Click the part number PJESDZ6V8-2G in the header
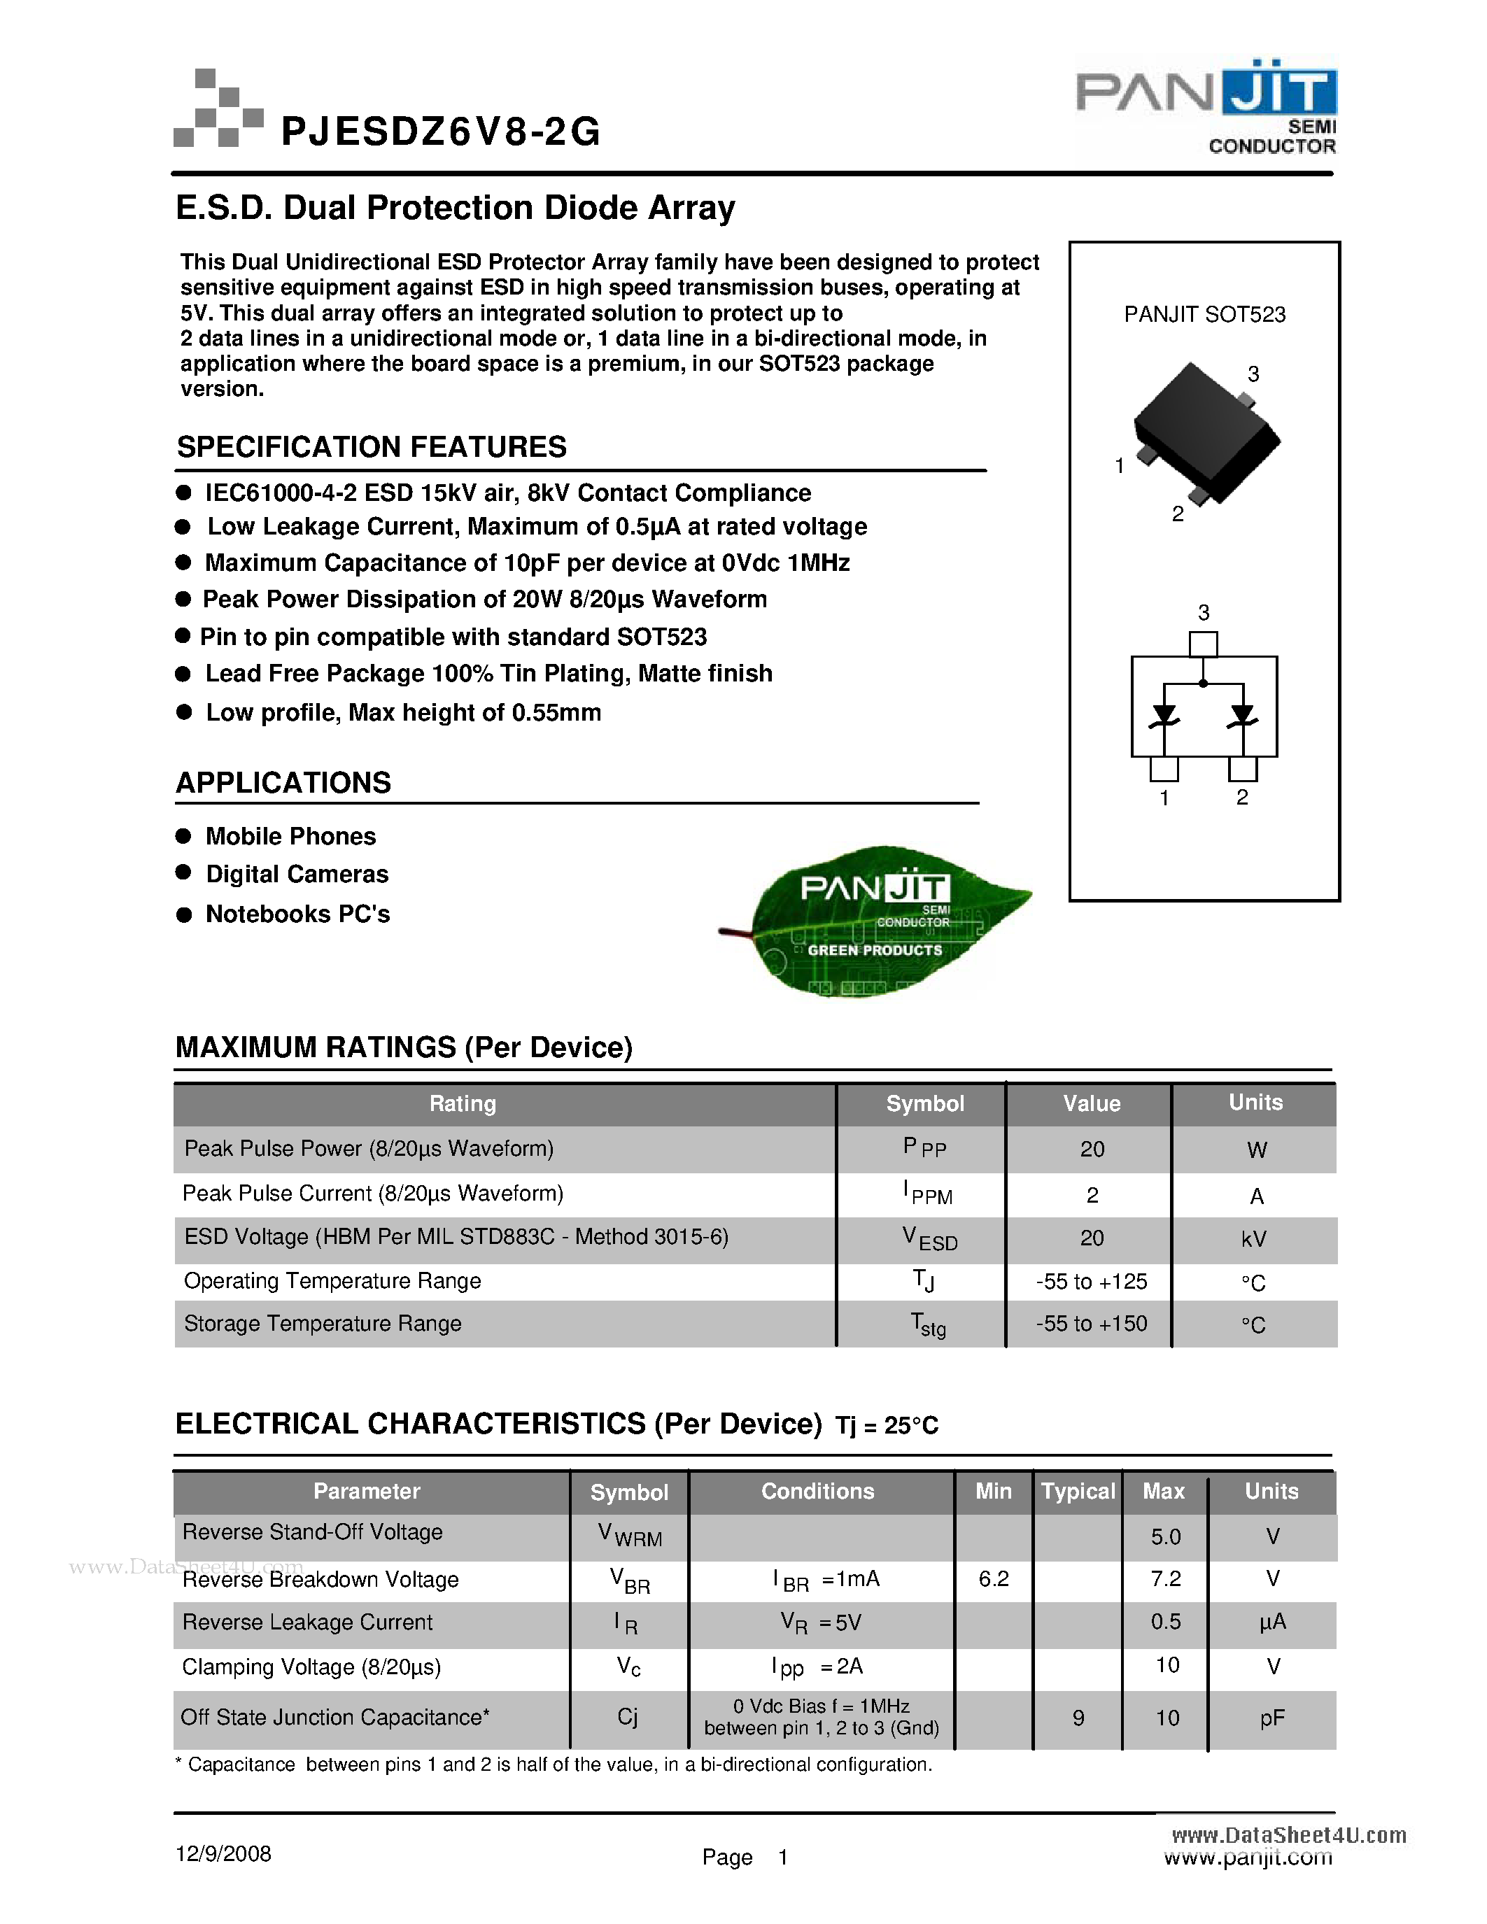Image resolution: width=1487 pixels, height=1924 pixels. (440, 132)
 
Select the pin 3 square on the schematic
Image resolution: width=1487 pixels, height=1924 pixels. (1204, 644)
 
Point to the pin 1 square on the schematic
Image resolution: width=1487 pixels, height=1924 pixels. (1164, 769)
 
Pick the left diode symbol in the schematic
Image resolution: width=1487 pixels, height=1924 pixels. (1164, 715)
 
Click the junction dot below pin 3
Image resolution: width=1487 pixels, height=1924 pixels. (1204, 684)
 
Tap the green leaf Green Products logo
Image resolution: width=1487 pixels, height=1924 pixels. (877, 921)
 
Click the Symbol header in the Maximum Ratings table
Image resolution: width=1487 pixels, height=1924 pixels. (924, 1104)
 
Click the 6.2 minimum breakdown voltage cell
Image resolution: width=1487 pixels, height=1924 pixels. (994, 1578)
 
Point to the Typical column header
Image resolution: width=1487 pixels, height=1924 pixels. (1078, 1492)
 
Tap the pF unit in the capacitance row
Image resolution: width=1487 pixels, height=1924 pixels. (1272, 1717)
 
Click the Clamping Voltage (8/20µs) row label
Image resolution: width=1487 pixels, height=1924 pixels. (311, 1667)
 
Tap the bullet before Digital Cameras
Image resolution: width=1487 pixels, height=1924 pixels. (184, 872)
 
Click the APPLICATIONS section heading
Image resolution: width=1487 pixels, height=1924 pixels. (283, 782)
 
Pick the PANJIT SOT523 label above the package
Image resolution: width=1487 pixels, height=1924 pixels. (1204, 315)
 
